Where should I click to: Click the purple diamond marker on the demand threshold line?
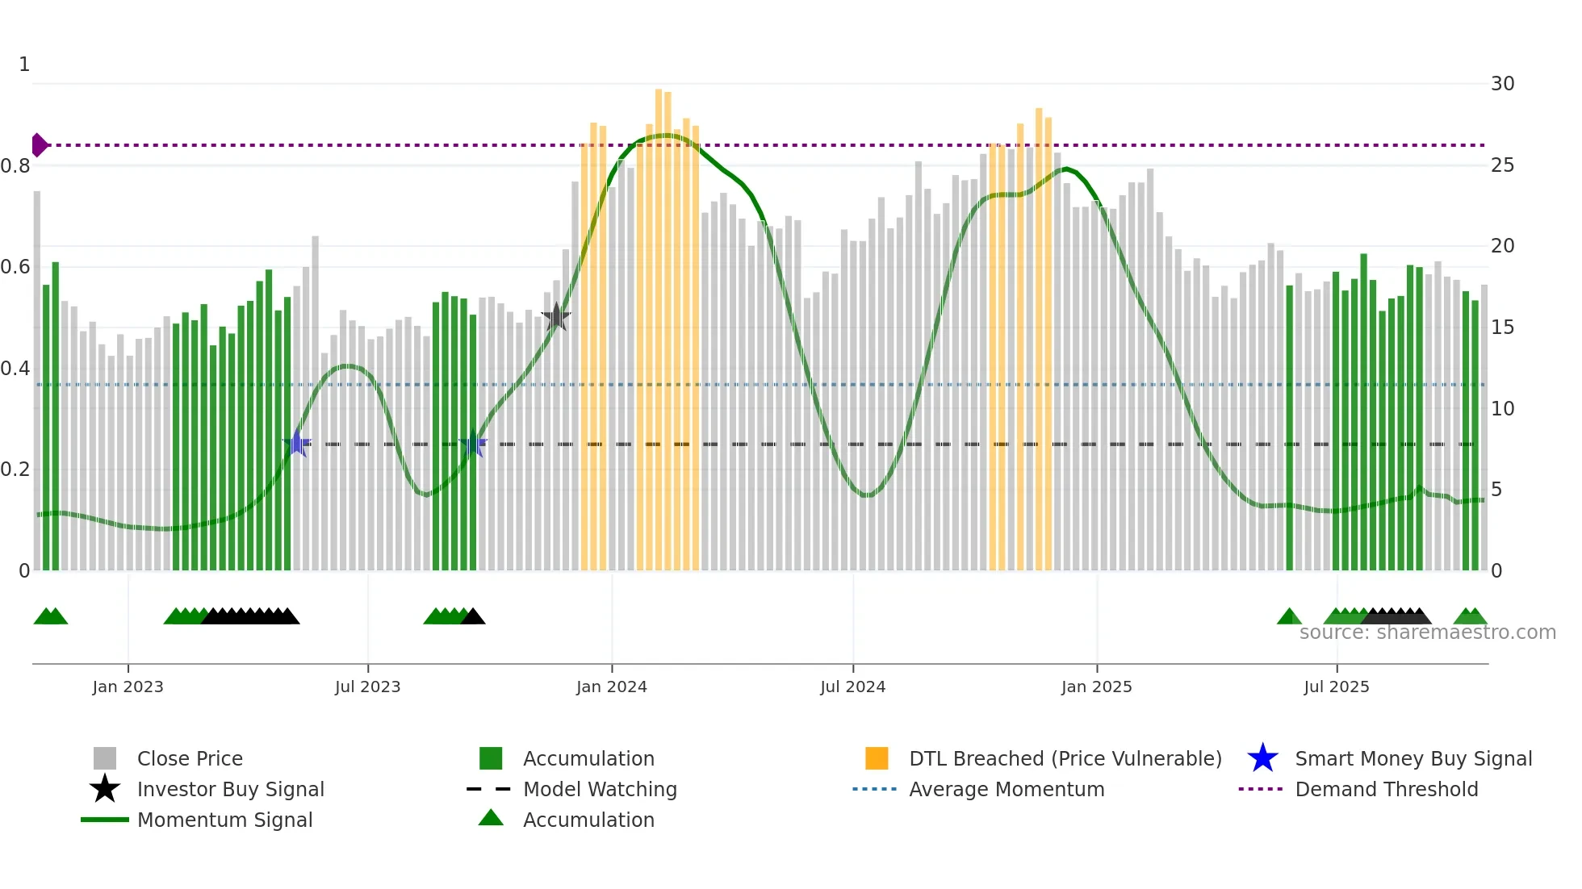[x=39, y=145]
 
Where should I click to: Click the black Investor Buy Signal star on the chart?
[x=556, y=317]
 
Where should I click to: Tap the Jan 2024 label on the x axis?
[x=611, y=687]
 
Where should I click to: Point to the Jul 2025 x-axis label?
[x=1336, y=687]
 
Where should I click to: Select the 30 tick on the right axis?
[x=1502, y=84]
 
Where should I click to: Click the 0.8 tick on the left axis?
[x=16, y=166]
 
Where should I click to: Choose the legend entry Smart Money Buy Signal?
[x=1412, y=759]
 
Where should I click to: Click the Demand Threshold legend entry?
[x=1386, y=790]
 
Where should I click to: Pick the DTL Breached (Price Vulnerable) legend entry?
[x=1065, y=759]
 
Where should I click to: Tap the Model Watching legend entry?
[x=599, y=790]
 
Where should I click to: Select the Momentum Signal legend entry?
[x=224, y=820]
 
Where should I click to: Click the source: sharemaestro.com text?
[x=1427, y=632]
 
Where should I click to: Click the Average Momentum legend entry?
[x=1006, y=790]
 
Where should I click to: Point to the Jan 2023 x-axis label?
[x=128, y=687]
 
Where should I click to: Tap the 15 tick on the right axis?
[x=1502, y=328]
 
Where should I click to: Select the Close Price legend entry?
[x=189, y=759]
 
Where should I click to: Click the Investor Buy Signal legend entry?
[x=230, y=790]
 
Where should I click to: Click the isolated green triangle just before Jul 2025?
[x=1289, y=617]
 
